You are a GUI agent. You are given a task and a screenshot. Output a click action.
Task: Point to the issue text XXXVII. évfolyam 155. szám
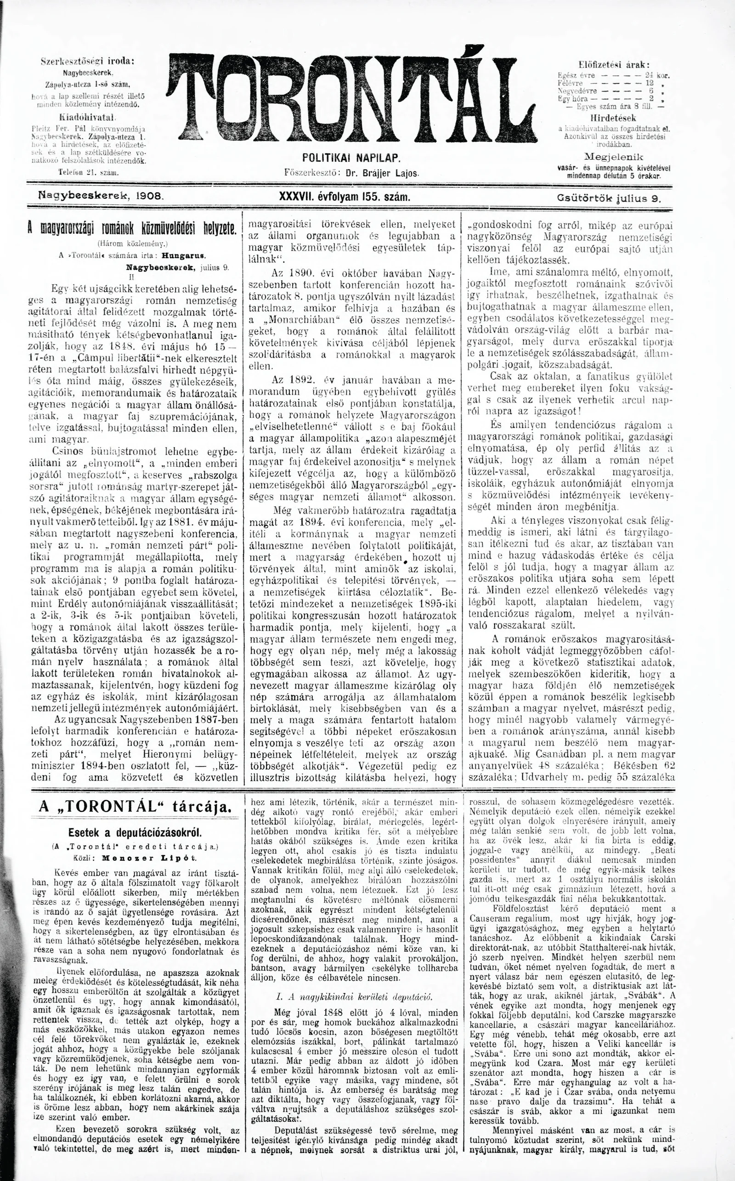(345, 198)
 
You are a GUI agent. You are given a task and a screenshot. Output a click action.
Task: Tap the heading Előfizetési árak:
(615, 64)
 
